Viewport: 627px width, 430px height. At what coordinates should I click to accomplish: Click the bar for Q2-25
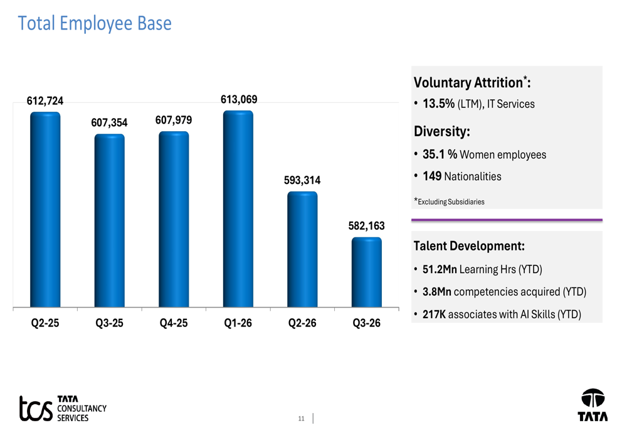tap(45, 210)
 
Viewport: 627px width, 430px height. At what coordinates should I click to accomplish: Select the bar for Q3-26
tap(367, 272)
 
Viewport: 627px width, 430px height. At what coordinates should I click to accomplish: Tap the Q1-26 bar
tap(238, 209)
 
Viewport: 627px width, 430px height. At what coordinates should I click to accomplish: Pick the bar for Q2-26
tap(302, 249)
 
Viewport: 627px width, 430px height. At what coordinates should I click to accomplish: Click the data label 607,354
tap(109, 122)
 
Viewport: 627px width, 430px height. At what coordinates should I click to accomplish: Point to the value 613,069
tap(239, 99)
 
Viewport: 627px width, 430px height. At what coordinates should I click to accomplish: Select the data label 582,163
tap(366, 226)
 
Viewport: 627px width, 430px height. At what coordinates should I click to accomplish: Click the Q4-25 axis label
tap(174, 323)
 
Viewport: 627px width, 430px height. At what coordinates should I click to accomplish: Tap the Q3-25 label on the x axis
tap(109, 323)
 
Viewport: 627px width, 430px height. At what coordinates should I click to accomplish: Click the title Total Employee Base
tap(95, 23)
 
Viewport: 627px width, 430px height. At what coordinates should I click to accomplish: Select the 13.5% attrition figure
tap(439, 104)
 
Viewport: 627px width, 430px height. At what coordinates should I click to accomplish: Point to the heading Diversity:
tap(442, 131)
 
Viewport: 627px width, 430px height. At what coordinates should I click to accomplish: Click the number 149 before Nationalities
tap(432, 176)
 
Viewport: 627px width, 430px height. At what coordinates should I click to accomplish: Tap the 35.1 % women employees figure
tap(440, 154)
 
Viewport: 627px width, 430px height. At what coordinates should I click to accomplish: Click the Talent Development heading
tap(469, 246)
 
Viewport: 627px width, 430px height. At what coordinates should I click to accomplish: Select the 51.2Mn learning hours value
tap(440, 269)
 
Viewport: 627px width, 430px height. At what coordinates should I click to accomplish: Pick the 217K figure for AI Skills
tap(434, 314)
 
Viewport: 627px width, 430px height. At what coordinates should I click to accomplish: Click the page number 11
tap(301, 419)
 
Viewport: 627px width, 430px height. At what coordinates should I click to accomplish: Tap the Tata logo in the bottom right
tap(593, 405)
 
